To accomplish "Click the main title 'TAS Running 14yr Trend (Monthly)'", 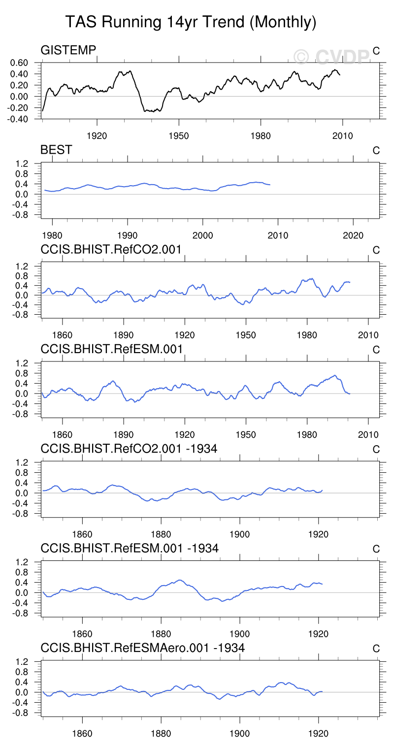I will tap(191, 22).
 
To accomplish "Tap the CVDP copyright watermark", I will tap(331, 57).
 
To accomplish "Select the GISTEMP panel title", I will tap(68, 50).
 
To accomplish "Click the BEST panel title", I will tap(56, 150).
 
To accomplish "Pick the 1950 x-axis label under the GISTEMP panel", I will tap(179, 135).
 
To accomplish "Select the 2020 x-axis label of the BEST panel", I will tap(353, 235).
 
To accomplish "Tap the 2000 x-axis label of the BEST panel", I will tap(202, 235).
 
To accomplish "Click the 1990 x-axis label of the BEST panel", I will tap(127, 235).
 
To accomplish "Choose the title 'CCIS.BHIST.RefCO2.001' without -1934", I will tap(111, 250).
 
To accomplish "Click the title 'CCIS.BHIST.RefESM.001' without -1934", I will tap(112, 349).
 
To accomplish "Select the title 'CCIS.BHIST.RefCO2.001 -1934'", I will tap(129, 449).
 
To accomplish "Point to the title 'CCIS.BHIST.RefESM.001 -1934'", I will tap(130, 548).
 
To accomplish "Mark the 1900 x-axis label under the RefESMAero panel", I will tap(239, 731).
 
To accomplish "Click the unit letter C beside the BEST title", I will tap(376, 151).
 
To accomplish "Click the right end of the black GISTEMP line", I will tap(339, 75).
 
